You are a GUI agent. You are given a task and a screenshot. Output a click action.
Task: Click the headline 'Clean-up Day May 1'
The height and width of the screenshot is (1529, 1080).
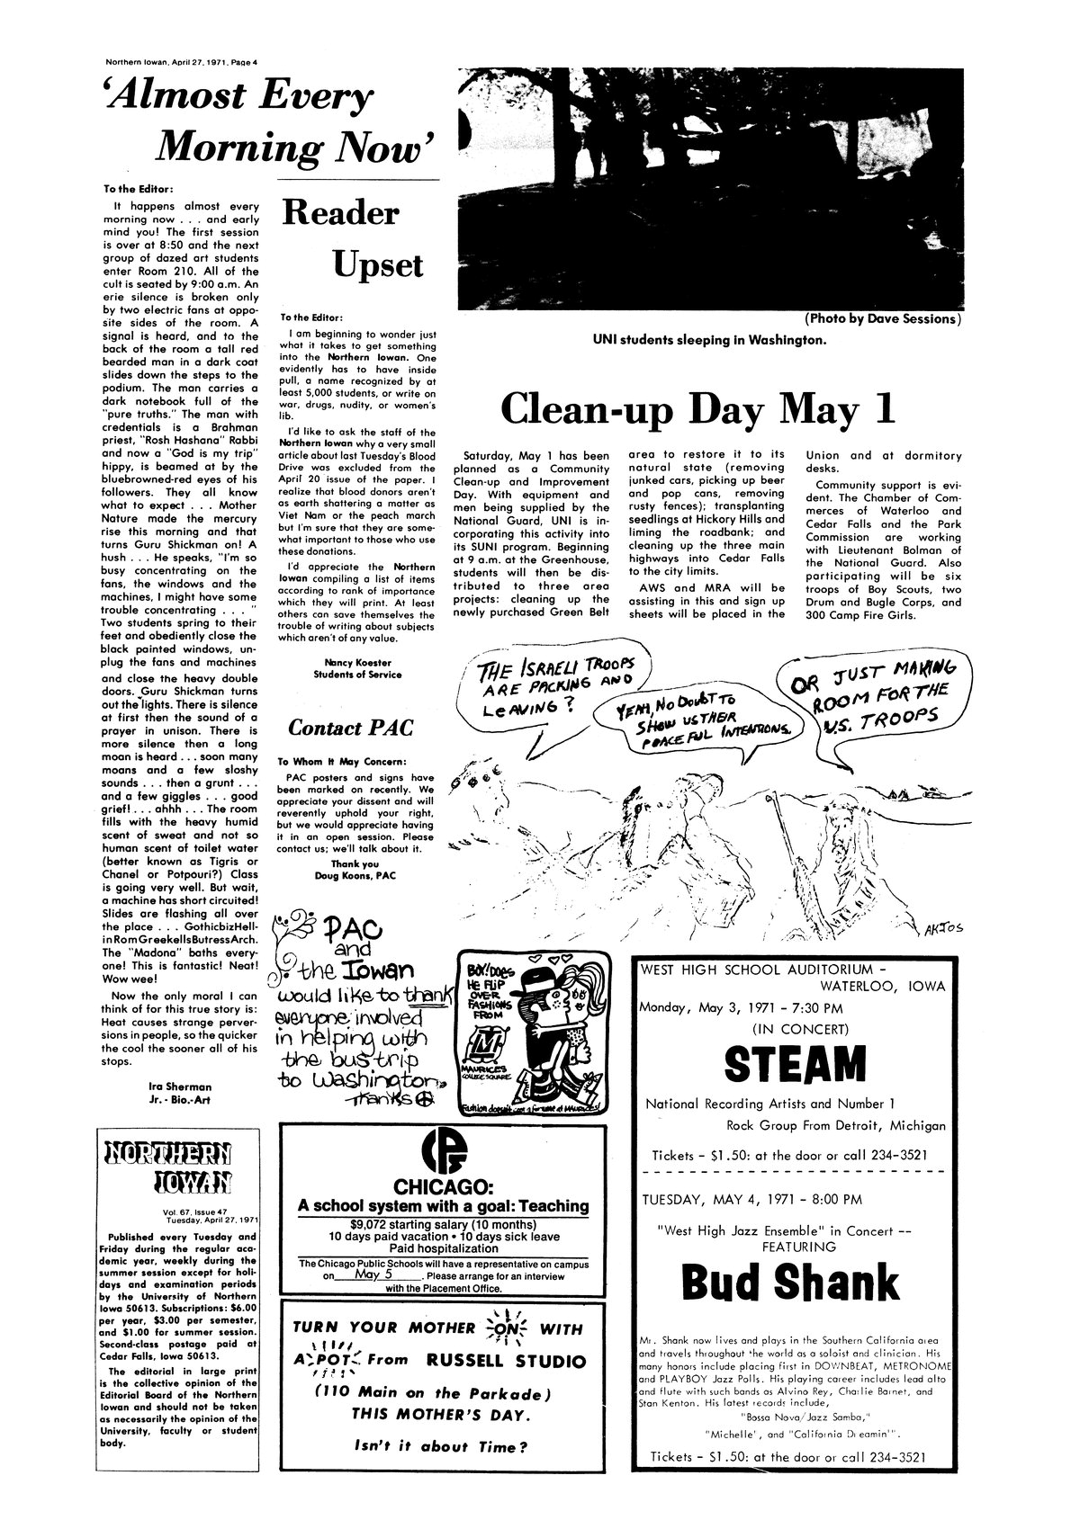pos(698,408)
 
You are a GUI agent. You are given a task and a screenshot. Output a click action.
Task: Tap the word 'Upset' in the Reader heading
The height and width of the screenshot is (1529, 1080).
pos(377,265)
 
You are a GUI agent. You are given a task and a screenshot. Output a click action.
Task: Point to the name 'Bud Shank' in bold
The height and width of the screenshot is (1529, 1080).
pos(789,1283)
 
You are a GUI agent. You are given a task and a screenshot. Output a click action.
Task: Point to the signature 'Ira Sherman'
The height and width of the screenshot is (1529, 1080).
pos(181,1086)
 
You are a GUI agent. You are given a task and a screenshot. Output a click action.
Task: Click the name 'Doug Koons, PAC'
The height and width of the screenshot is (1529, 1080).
pos(357,875)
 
